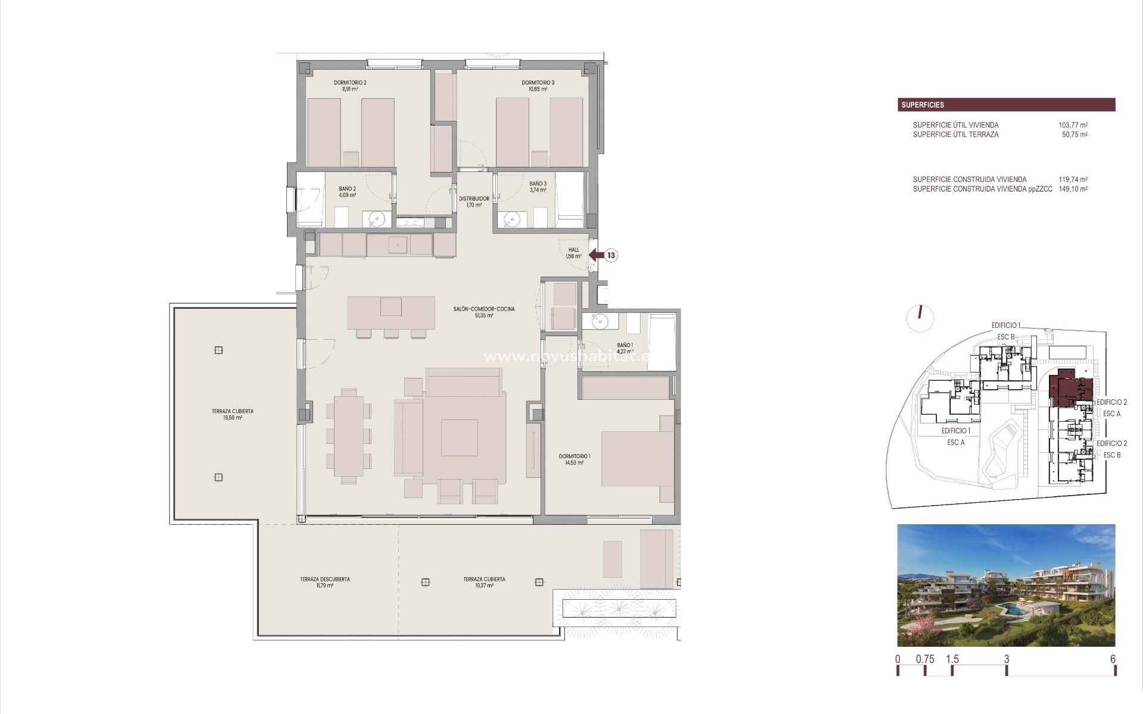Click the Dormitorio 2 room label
350,86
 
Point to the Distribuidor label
474,202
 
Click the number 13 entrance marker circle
611,255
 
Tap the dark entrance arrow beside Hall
596,255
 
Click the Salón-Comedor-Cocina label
483,312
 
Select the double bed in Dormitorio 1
637,459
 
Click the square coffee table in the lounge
459,437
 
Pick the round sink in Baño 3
511,220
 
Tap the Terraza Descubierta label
324,582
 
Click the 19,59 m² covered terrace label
232,414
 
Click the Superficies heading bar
1006,105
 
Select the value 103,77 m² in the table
1073,125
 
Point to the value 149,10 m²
1073,189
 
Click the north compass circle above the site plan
920,318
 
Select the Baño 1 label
624,348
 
